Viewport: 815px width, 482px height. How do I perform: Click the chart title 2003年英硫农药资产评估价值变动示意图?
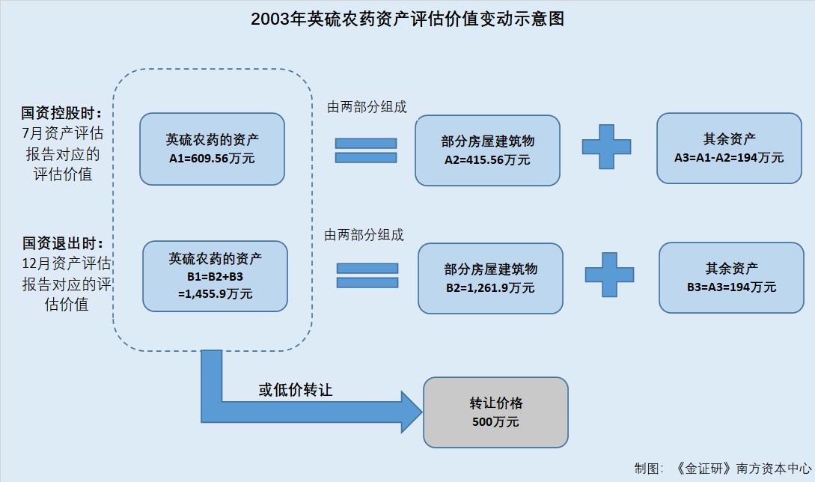(x=407, y=19)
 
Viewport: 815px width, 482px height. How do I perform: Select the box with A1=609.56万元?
(x=212, y=149)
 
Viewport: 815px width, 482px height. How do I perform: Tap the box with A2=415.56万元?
(x=487, y=150)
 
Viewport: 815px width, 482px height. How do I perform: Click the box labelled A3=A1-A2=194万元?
(x=729, y=148)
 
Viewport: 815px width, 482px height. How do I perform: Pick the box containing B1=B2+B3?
(x=216, y=276)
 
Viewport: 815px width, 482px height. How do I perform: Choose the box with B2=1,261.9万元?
(x=491, y=278)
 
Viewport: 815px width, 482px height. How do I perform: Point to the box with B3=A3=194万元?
(x=731, y=278)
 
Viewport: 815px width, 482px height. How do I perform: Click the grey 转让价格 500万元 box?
(x=496, y=412)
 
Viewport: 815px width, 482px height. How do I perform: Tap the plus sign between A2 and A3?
(x=606, y=147)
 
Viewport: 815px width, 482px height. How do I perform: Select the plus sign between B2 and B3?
(x=610, y=275)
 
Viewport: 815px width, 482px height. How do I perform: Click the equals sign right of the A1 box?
(x=366, y=150)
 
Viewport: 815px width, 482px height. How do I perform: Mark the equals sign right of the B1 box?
(x=367, y=275)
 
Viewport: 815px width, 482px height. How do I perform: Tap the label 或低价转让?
(x=295, y=390)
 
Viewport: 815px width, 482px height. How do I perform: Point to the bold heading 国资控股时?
(x=61, y=113)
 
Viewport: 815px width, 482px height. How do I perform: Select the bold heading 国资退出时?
(x=62, y=242)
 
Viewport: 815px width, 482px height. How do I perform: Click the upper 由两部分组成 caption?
(x=367, y=107)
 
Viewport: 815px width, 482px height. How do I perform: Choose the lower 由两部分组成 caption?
(x=364, y=235)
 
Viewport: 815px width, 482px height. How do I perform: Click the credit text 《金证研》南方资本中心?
(x=742, y=469)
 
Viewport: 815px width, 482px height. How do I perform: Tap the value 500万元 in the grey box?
(x=495, y=421)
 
